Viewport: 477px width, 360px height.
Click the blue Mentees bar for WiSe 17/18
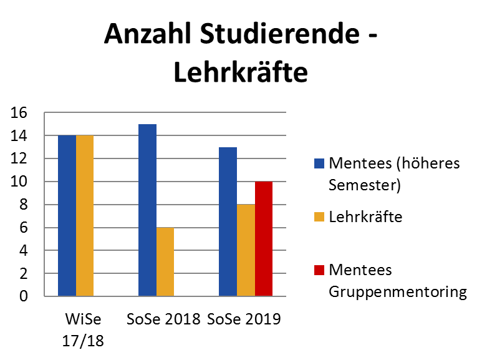[67, 215]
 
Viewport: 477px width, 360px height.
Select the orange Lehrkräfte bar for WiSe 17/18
[85, 215]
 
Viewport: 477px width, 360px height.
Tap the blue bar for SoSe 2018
[147, 210]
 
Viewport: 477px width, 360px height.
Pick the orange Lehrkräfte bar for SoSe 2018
[165, 262]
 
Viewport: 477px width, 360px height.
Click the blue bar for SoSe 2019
[228, 221]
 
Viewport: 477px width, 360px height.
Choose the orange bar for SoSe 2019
[246, 250]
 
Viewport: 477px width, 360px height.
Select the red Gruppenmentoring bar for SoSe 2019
[264, 239]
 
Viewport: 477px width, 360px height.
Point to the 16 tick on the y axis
[19, 113]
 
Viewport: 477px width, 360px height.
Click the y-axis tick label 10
[19, 182]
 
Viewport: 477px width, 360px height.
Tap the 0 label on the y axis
[24, 296]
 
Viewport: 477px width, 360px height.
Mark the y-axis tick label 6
[24, 228]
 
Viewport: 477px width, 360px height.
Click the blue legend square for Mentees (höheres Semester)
[319, 164]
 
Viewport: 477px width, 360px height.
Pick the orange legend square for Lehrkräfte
[319, 217]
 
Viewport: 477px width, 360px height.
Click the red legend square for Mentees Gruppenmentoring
[319, 270]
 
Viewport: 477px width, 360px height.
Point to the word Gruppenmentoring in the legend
[397, 292]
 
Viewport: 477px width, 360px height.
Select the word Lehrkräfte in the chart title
[240, 72]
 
